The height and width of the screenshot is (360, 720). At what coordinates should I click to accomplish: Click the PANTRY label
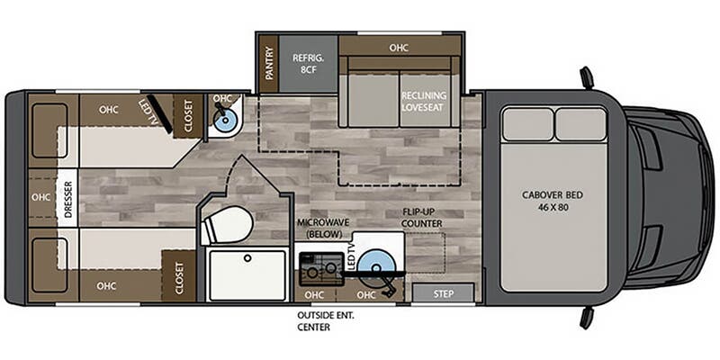point(269,63)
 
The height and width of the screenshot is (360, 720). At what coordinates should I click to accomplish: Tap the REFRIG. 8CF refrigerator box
point(309,63)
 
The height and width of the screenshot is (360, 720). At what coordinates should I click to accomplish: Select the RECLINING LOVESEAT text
point(424,101)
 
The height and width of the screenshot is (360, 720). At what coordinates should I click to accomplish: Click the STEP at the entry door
point(443,293)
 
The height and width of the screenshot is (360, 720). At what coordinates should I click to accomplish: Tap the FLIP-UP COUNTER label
point(422,218)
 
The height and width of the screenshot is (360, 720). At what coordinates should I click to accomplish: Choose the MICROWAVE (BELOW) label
point(323,229)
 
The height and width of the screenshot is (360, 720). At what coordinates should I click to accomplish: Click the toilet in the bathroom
point(228,225)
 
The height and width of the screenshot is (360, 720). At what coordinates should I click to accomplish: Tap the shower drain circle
point(247,258)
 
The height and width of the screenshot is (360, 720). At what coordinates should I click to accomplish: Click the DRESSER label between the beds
point(68,197)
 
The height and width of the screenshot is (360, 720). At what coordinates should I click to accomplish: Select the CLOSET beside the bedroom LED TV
point(188,116)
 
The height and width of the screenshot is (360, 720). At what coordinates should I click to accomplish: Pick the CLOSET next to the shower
point(179,277)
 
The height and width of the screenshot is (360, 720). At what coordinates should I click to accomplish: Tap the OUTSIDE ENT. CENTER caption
point(326,321)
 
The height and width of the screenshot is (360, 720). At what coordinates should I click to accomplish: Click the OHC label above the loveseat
point(399,48)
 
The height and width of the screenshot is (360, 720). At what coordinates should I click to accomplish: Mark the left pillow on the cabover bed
point(527,124)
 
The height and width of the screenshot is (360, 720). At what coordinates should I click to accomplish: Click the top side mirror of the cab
point(587,77)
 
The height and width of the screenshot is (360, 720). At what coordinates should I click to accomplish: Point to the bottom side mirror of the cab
point(587,318)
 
